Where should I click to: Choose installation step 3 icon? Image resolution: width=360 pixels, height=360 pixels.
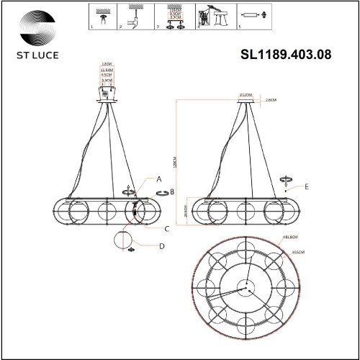pos(174,17)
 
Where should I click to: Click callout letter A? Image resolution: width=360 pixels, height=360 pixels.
pos(159,179)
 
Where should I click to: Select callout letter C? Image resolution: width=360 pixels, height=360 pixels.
pos(167,228)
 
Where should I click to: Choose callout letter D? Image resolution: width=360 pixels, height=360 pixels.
pos(162,246)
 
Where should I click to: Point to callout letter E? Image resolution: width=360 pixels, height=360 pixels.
pos(307,186)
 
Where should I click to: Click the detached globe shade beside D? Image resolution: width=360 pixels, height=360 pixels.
pos(124,243)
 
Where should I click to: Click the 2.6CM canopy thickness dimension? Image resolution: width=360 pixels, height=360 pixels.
pos(271,101)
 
